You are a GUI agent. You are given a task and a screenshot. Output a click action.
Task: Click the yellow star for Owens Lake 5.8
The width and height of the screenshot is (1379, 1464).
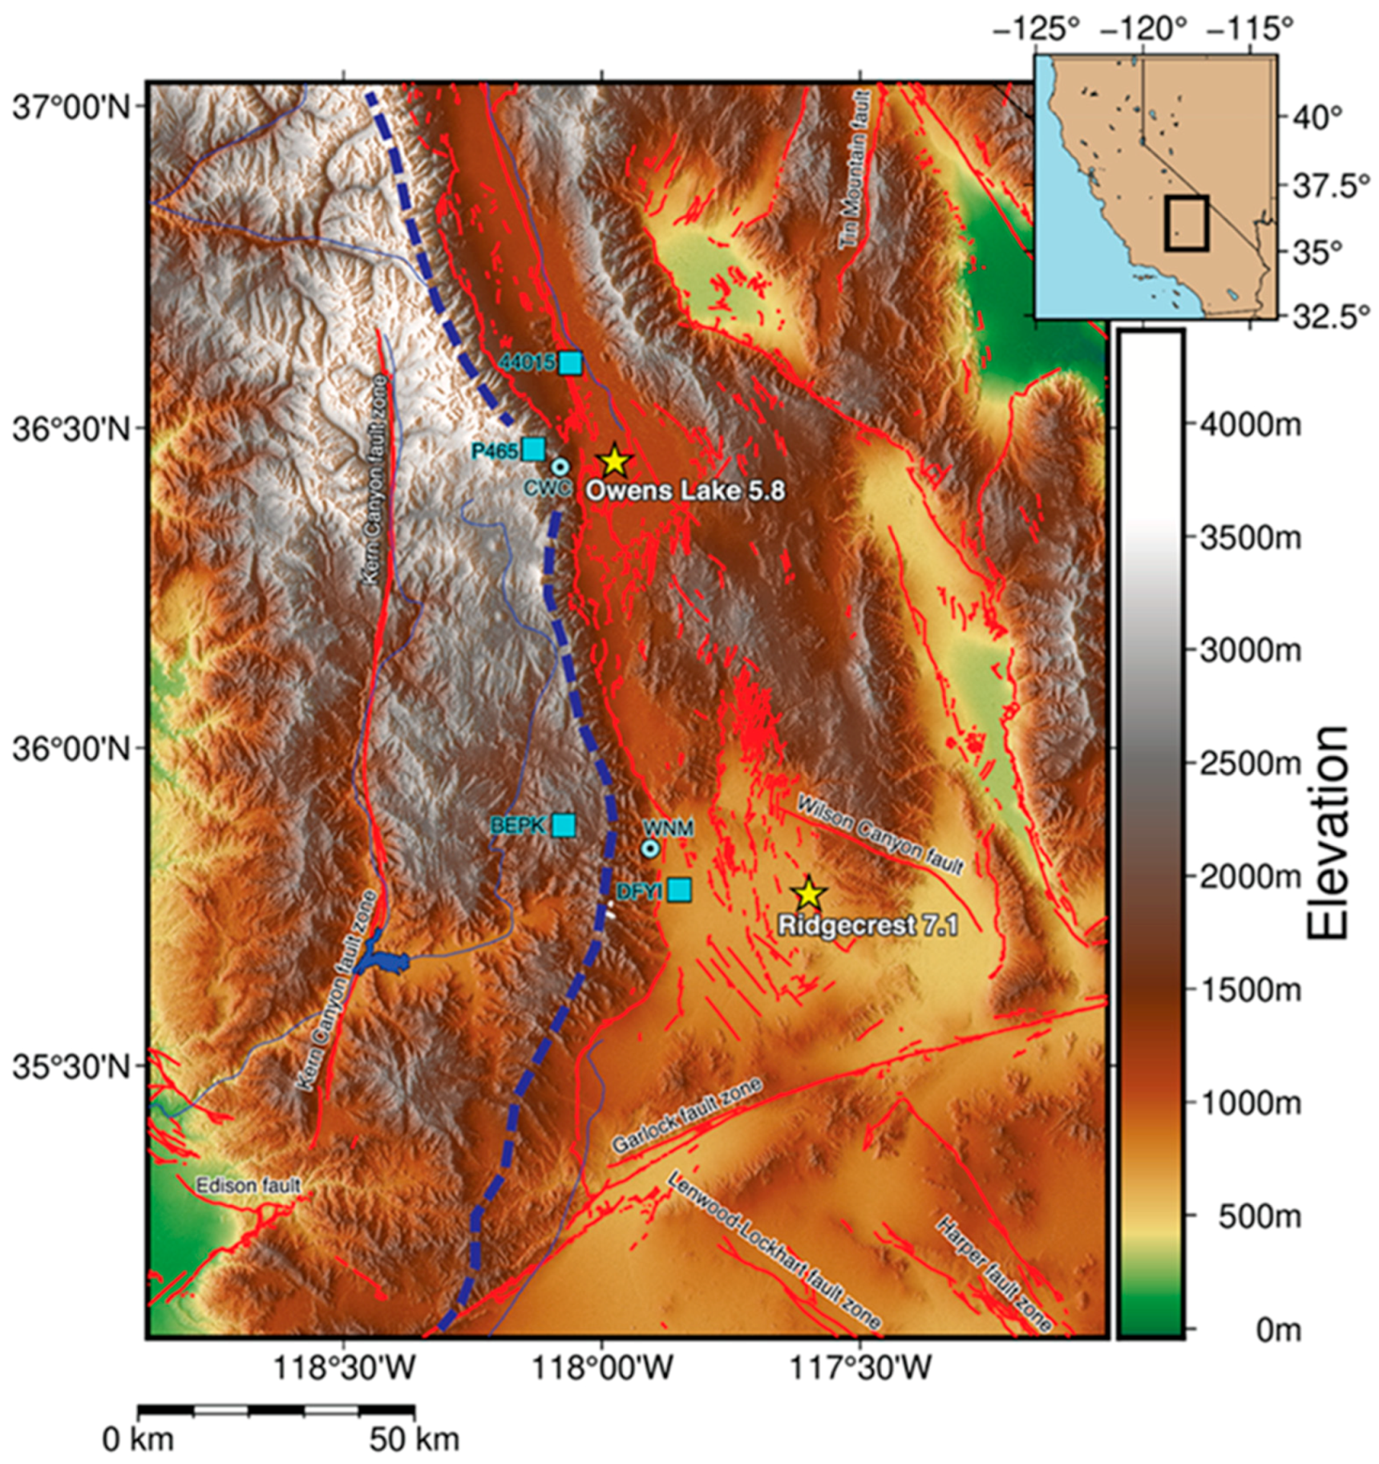click(614, 461)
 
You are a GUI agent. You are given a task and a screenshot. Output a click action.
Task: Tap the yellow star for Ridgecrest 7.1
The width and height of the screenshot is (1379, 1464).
click(808, 893)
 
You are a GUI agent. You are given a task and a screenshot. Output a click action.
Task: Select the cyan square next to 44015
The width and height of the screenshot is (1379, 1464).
click(570, 362)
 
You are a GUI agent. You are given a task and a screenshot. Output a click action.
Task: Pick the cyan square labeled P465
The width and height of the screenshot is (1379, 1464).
click(534, 449)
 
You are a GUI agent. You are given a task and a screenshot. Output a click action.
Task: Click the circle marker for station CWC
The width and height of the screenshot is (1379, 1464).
click(560, 466)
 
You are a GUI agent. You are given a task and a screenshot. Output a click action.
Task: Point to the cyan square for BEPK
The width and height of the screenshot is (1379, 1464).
click(564, 824)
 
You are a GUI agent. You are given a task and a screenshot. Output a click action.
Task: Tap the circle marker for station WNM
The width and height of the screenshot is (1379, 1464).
click(651, 847)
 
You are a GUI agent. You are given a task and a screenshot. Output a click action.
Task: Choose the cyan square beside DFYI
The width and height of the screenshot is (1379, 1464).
click(680, 889)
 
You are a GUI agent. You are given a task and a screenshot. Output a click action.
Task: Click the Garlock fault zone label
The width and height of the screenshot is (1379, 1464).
click(686, 1116)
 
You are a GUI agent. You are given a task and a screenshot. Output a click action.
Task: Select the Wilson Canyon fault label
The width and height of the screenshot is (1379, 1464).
click(880, 834)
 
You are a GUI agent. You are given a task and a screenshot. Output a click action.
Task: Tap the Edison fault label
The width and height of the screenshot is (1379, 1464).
click(249, 1185)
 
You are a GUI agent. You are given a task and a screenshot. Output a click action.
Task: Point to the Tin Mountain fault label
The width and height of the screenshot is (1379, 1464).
click(855, 170)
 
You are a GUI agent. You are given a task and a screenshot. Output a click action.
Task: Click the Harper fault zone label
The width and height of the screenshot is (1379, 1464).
click(993, 1274)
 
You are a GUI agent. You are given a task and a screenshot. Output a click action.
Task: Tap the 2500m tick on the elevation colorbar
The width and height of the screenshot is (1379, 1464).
click(1249, 763)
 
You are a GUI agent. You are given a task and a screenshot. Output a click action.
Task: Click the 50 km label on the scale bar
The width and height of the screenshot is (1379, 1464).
click(414, 1439)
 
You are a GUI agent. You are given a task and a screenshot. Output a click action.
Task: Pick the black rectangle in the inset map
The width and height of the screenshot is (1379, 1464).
click(1187, 223)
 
